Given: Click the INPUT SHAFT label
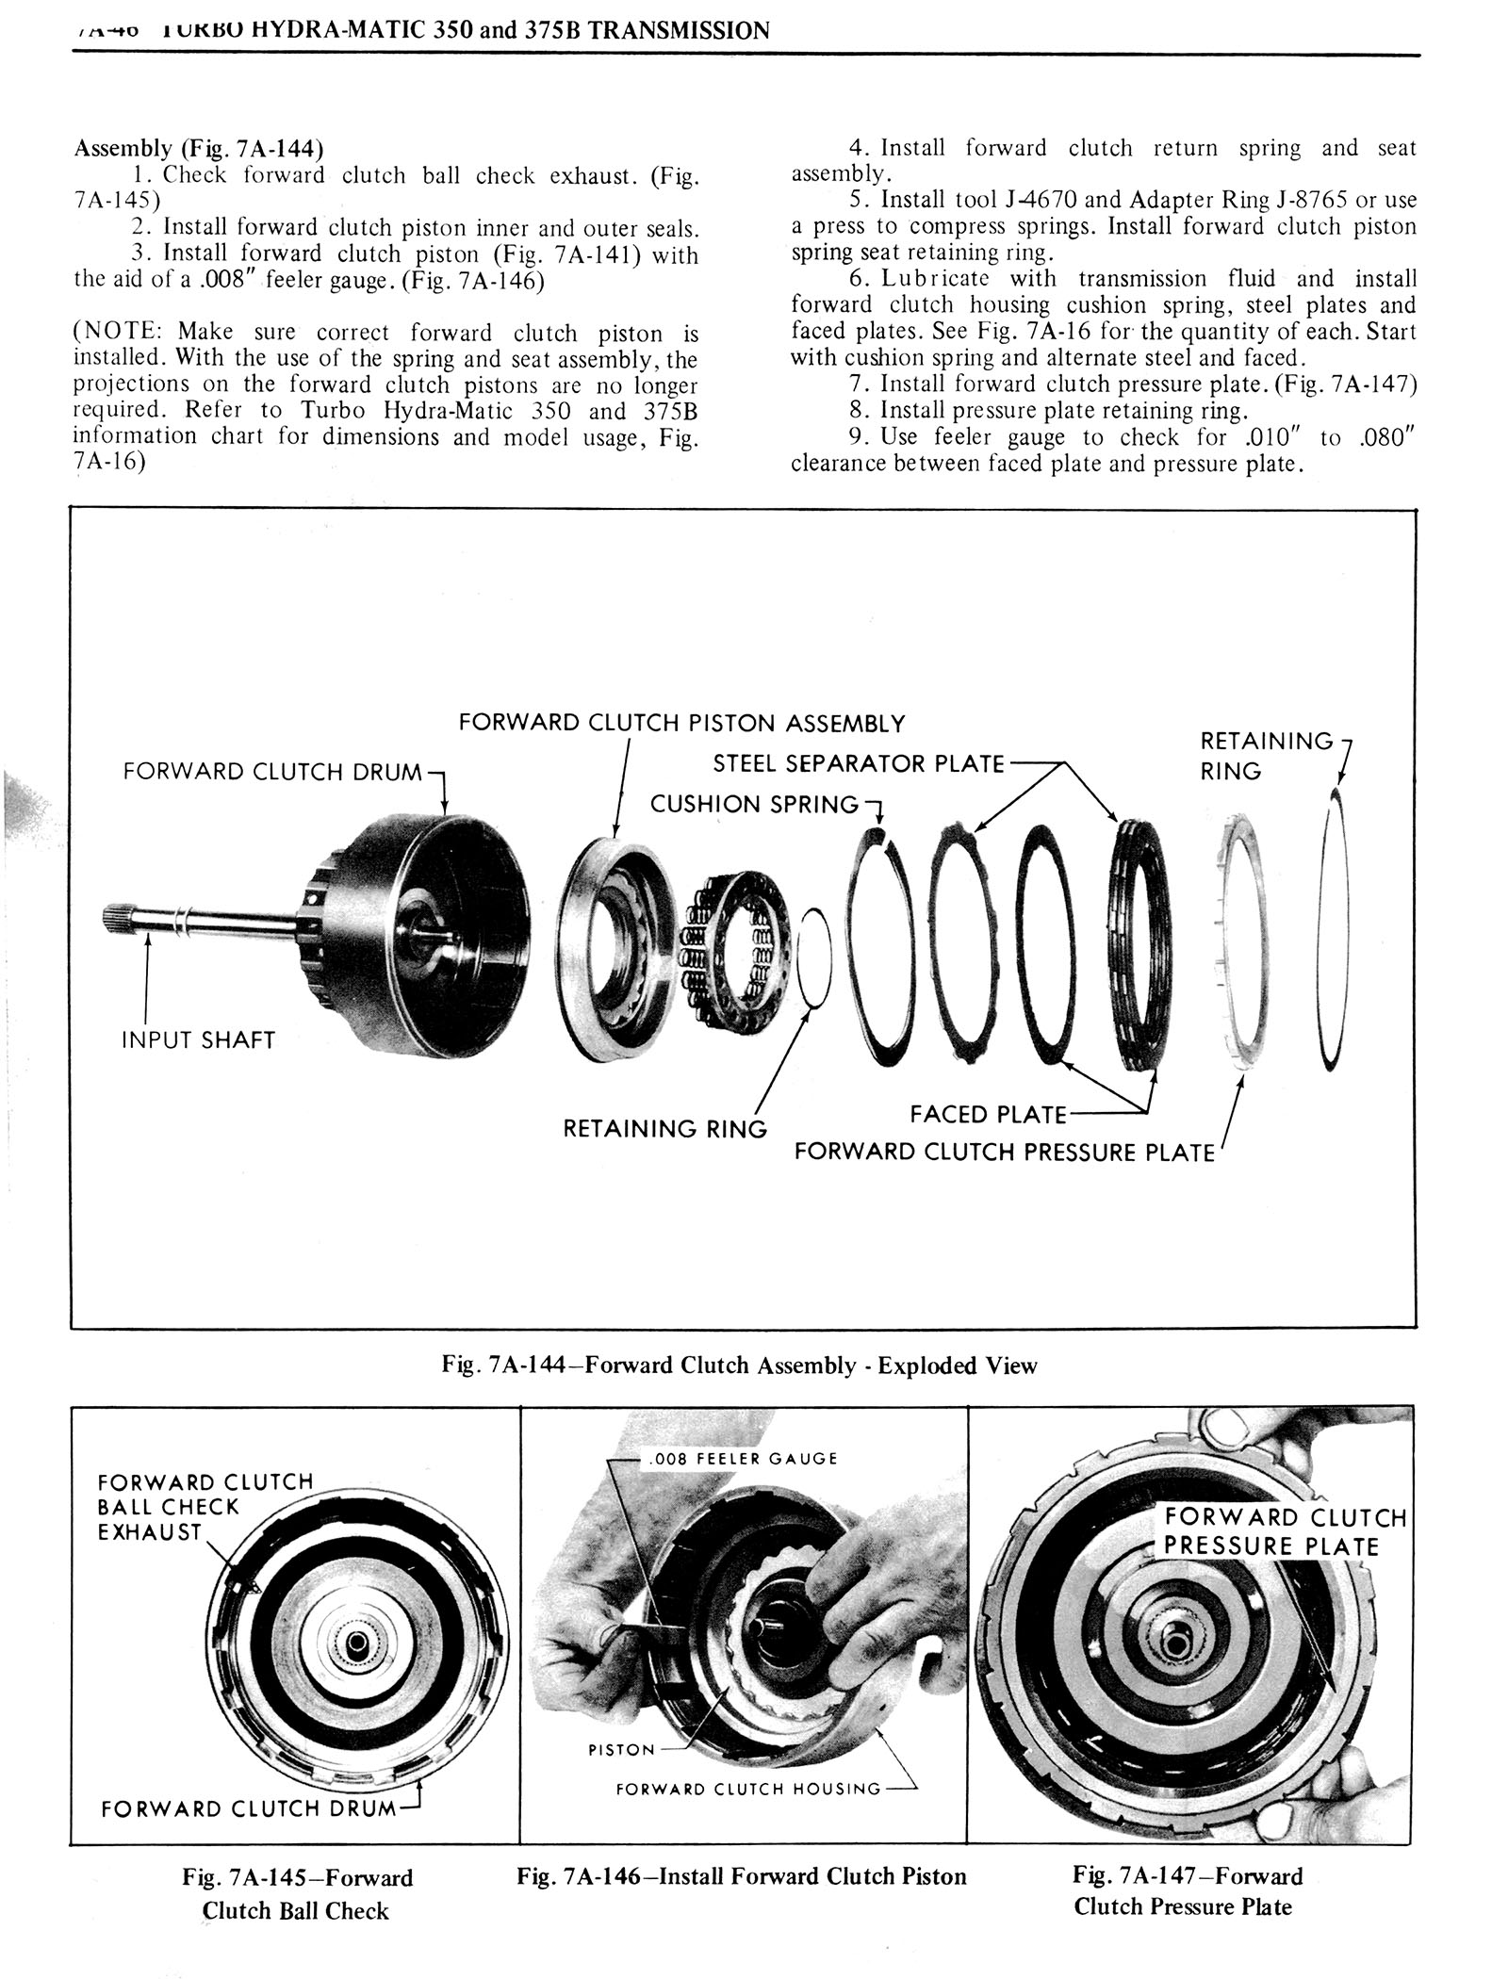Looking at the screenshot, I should tap(198, 1040).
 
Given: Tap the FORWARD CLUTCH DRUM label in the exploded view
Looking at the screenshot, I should tap(272, 772).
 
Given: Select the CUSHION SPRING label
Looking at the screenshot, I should tap(754, 804).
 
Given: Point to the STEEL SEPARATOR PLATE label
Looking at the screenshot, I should tap(859, 763).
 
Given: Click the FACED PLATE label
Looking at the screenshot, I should tap(987, 1115).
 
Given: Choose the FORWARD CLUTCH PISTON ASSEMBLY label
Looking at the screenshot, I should tap(680, 724).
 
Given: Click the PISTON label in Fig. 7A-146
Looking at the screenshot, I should tap(621, 1750).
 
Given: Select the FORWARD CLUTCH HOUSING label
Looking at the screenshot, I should tap(748, 1789).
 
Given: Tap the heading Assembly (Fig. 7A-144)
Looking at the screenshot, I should tap(199, 149).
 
